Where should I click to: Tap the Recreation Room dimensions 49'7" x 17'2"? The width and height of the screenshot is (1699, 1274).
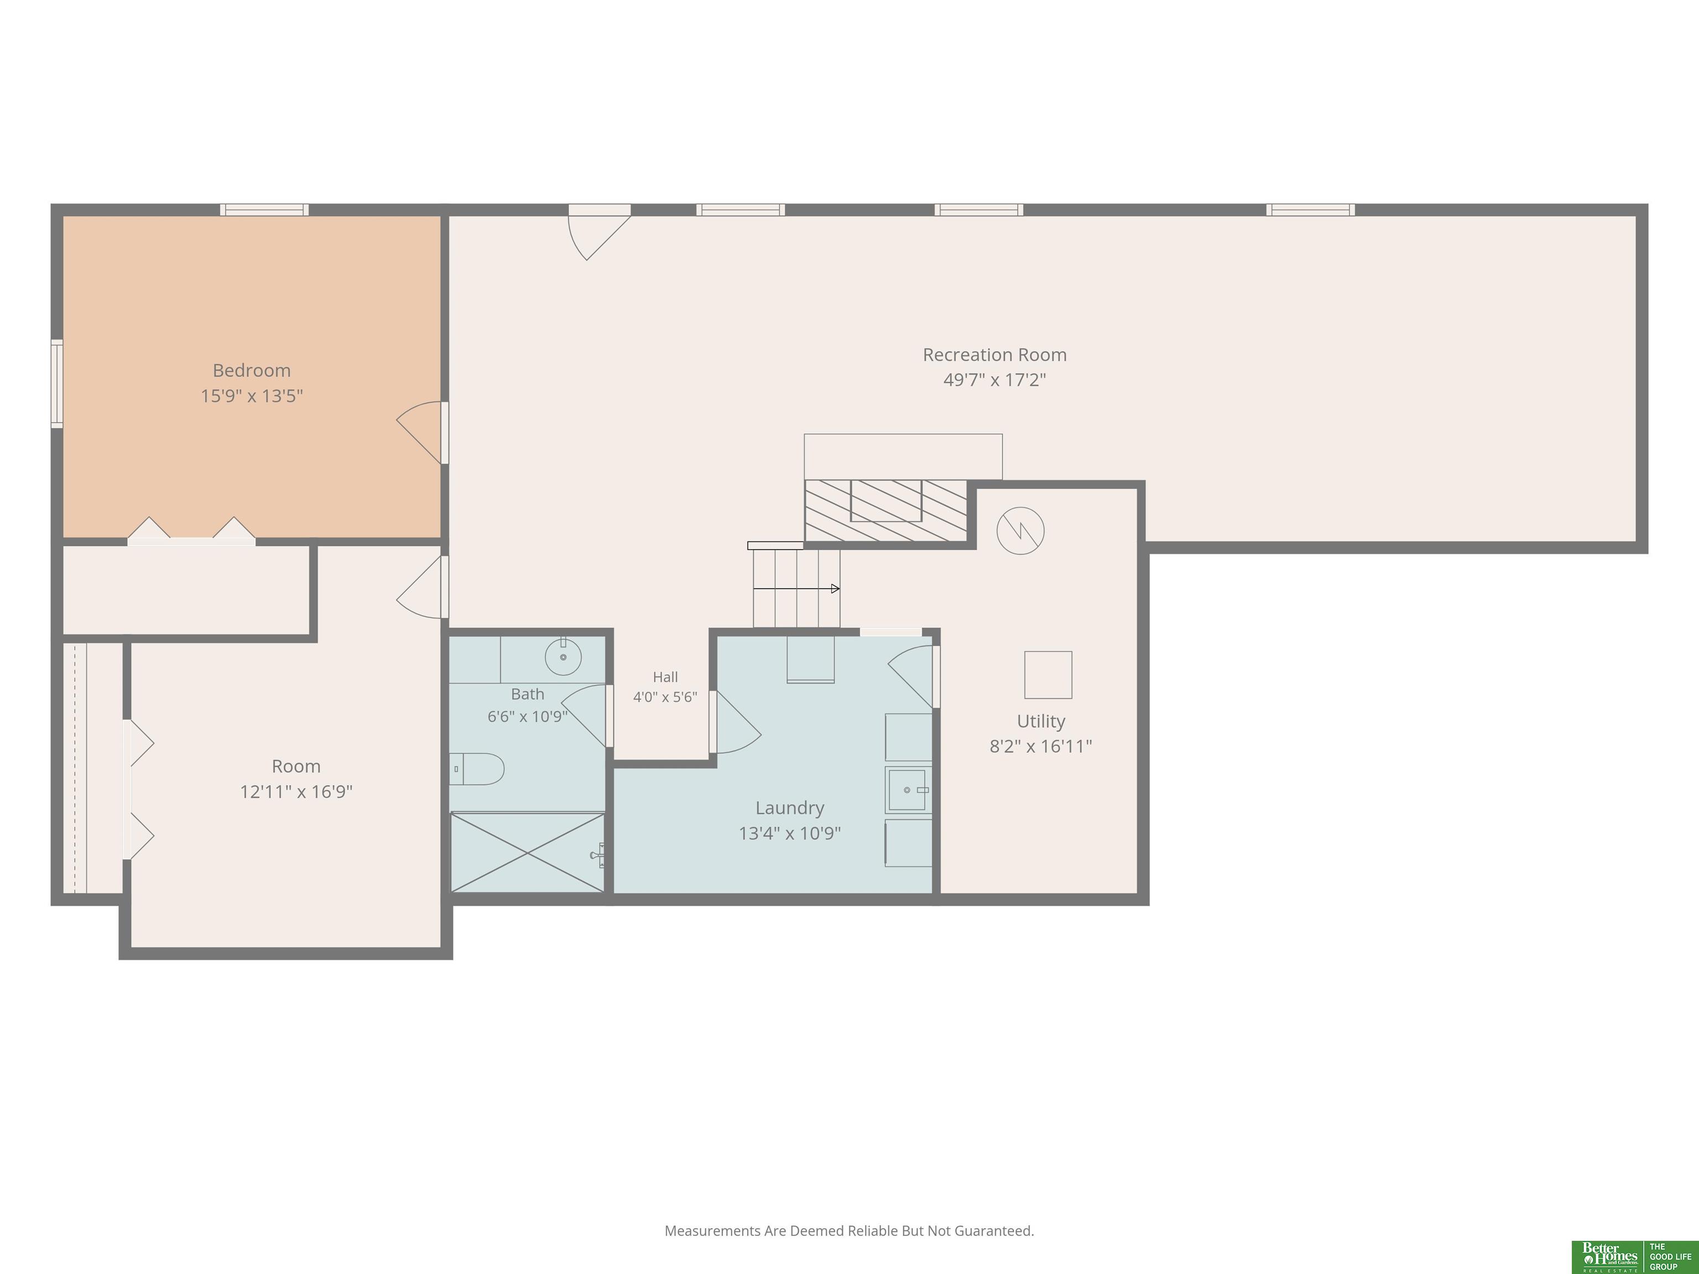[994, 379]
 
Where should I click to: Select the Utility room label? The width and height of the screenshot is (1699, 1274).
[1041, 721]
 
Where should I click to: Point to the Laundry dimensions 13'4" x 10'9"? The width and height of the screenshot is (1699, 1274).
[790, 833]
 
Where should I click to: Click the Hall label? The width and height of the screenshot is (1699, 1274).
[665, 677]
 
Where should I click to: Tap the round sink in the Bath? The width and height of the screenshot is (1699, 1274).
[563, 656]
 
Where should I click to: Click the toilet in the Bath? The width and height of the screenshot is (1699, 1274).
[477, 769]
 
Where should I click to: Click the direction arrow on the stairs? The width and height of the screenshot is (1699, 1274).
[796, 589]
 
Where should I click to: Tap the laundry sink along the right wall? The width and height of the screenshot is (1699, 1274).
[908, 790]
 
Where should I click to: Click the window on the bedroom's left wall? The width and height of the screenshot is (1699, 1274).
[57, 383]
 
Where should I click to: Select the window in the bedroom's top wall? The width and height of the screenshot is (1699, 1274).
[264, 210]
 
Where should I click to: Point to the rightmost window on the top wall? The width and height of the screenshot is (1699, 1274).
[1310, 210]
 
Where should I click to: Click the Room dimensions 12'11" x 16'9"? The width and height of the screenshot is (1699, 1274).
[296, 792]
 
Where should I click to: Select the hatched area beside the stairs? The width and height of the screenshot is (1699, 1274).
[885, 511]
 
